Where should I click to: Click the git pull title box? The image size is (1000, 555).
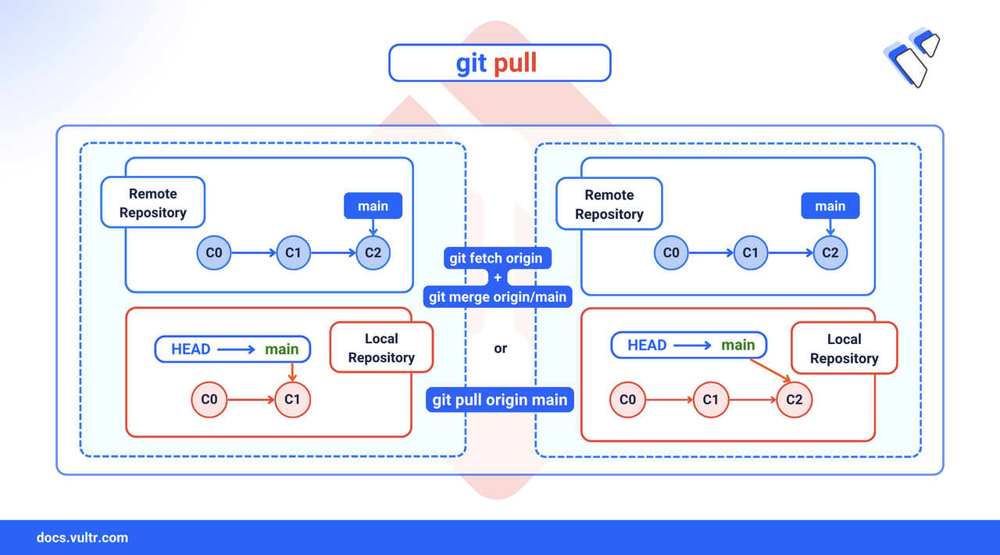point(499,63)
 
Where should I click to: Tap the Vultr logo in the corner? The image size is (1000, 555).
point(911,57)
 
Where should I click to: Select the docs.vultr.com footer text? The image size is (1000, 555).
point(82,538)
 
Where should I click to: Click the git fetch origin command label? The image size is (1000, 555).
point(495,258)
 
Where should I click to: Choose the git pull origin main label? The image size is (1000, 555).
point(500,399)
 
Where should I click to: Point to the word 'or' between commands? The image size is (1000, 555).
point(500,349)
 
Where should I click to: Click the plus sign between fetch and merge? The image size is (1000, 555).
point(498,277)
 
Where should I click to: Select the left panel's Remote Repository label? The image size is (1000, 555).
point(153,203)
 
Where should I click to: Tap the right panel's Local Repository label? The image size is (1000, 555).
point(844,349)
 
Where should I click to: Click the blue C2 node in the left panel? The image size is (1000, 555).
point(373,252)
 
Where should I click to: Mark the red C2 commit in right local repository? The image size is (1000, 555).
point(795,399)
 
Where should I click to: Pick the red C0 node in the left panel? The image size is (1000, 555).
point(209,399)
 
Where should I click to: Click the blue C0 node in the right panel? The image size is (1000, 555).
point(671,252)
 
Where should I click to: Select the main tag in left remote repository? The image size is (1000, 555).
point(373,206)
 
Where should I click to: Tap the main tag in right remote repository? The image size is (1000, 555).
point(830,206)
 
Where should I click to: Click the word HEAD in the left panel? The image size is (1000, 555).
point(191,349)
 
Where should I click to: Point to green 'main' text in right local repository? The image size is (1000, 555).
point(737,345)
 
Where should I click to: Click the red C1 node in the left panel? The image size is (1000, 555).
point(292,399)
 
